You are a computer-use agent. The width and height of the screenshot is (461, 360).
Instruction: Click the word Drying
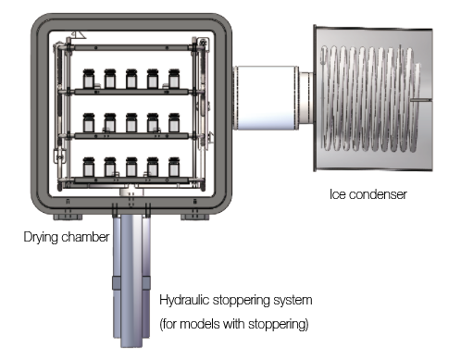click(x=41, y=237)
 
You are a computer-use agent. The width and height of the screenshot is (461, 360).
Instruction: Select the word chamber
click(x=85, y=237)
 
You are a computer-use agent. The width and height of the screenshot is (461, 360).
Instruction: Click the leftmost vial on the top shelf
click(x=89, y=79)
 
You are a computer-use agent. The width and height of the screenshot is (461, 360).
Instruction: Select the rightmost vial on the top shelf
click(x=174, y=79)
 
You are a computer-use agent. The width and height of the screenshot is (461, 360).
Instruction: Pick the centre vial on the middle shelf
click(x=131, y=123)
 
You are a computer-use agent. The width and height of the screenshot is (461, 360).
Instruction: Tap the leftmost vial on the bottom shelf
click(x=89, y=167)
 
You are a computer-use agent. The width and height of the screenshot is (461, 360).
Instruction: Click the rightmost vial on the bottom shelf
click(x=174, y=167)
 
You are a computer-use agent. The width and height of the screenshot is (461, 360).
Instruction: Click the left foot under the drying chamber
click(x=68, y=217)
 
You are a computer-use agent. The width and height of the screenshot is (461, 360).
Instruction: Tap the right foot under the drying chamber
click(x=195, y=217)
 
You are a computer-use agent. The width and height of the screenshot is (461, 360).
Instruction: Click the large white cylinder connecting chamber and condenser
click(x=266, y=97)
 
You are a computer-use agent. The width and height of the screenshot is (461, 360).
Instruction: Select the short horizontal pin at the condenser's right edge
click(x=421, y=100)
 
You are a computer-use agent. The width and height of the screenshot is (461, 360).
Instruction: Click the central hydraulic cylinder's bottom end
click(x=131, y=345)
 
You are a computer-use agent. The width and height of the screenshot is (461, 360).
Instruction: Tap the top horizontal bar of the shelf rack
click(x=131, y=48)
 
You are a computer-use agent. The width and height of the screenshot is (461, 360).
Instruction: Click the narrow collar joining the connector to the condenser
click(x=306, y=97)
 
